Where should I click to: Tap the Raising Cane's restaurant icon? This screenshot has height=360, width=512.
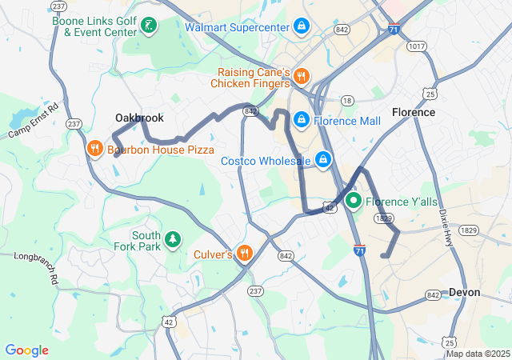[301, 77]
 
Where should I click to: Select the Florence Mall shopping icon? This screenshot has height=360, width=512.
[301, 121]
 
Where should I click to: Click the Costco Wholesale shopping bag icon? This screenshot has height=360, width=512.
[323, 161]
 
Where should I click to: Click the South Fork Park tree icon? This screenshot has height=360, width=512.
[172, 240]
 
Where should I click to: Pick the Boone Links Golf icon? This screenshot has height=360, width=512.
[147, 26]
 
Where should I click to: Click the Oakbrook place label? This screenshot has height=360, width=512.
[139, 118]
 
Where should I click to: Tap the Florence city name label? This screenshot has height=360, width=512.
[414, 112]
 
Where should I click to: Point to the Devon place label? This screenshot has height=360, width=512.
[465, 293]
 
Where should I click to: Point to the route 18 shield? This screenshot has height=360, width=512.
[346, 100]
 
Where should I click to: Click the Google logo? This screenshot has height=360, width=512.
[26, 350]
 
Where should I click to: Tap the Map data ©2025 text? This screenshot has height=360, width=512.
[477, 354]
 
